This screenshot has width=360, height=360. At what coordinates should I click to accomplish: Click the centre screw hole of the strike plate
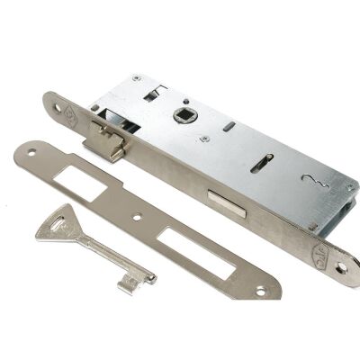(134, 215)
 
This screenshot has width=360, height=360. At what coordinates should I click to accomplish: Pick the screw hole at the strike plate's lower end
(262, 290)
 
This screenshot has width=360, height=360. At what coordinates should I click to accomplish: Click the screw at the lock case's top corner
(137, 79)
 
